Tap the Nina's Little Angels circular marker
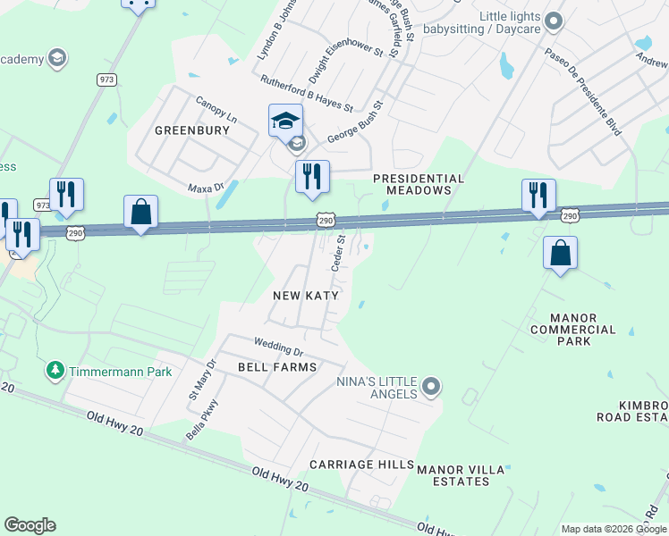pyautogui.click(x=431, y=387)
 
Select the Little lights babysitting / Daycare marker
pyautogui.click(x=553, y=20)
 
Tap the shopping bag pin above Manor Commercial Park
pyautogui.click(x=560, y=254)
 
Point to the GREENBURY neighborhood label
pyautogui.click(x=192, y=130)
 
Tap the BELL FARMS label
pyautogui.click(x=277, y=367)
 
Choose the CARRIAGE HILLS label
pyautogui.click(x=361, y=465)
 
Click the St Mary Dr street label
pyautogui.click(x=201, y=379)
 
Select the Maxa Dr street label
pyautogui.click(x=205, y=188)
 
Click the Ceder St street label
pyautogui.click(x=338, y=253)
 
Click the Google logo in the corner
pyautogui.click(x=30, y=525)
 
